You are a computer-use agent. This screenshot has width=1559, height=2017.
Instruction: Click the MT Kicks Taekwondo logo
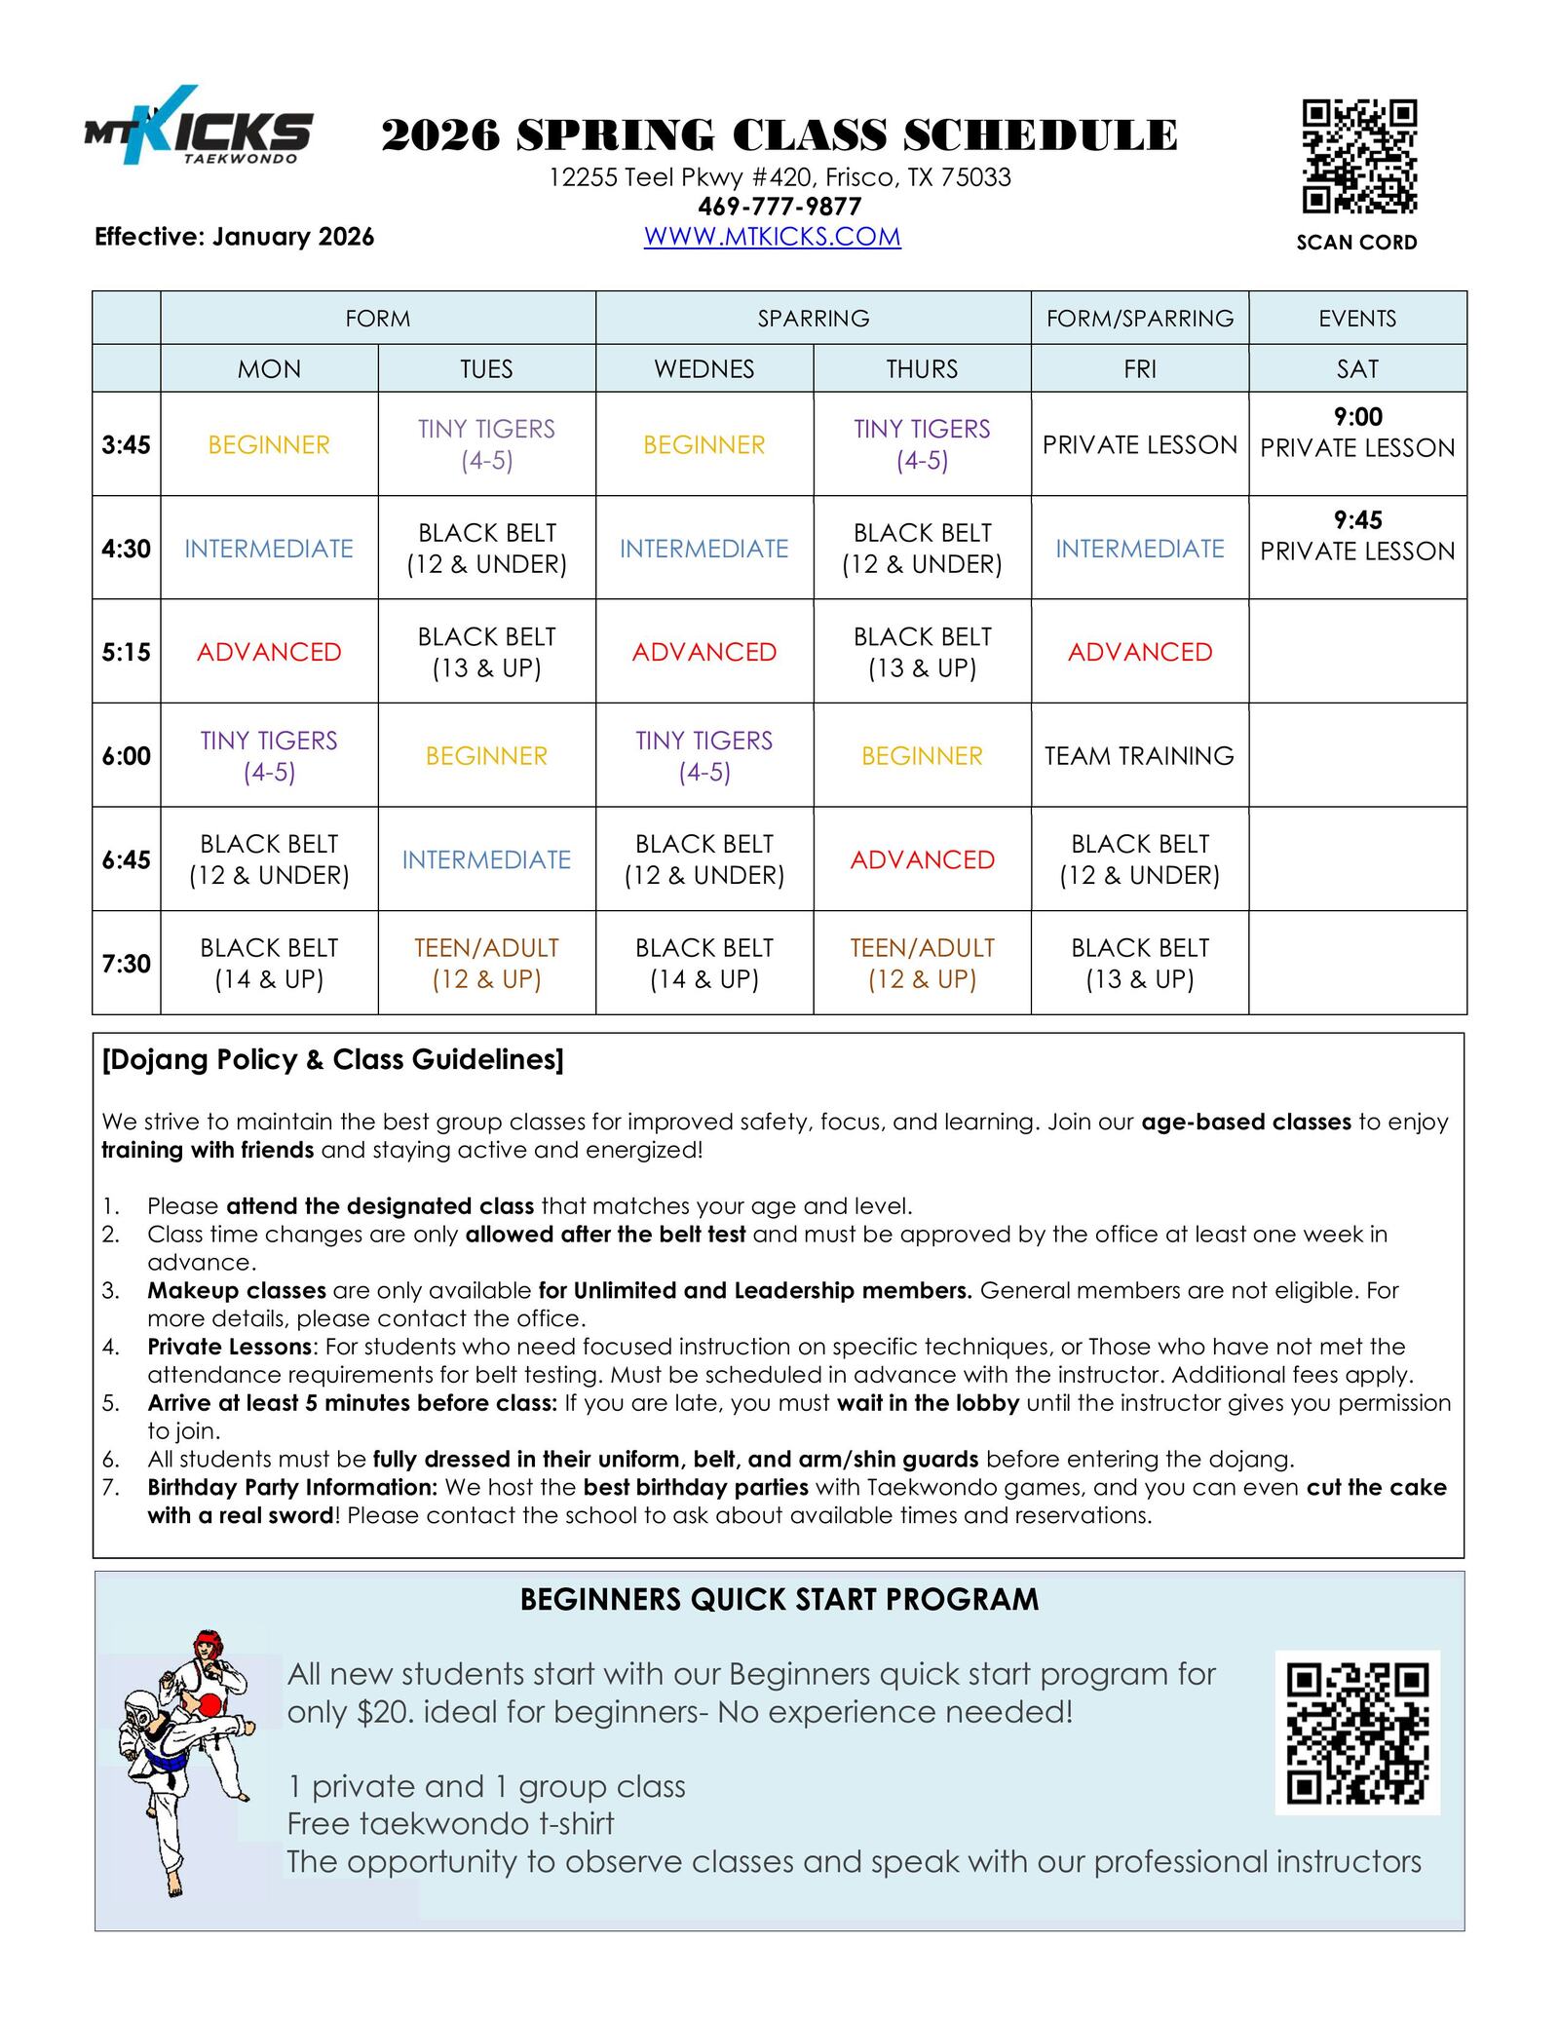click(199, 127)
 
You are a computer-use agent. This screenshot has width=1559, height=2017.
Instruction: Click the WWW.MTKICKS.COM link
click(772, 237)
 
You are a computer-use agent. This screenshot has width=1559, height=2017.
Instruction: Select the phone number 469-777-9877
click(779, 207)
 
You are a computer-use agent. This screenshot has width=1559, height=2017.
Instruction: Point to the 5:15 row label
click(127, 652)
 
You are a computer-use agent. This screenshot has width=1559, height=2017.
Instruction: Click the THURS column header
click(922, 368)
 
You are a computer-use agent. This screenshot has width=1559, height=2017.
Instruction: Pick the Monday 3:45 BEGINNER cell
click(269, 445)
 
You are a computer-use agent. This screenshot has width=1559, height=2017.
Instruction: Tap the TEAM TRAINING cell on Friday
click(1139, 756)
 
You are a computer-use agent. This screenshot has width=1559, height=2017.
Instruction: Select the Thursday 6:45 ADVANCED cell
click(922, 859)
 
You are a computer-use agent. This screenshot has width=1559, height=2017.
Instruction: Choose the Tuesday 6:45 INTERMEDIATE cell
click(486, 859)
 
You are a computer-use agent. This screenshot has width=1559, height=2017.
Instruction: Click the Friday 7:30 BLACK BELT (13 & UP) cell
click(1139, 963)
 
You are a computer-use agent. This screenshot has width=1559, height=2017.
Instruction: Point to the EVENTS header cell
click(1357, 319)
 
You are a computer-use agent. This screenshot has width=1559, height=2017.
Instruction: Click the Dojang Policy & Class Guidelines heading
click(332, 1060)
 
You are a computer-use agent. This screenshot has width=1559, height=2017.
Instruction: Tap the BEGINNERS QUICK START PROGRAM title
click(779, 1600)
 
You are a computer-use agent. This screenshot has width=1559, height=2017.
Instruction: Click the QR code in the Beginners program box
click(1357, 1733)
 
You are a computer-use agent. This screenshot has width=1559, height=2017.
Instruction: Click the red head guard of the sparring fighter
click(207, 1641)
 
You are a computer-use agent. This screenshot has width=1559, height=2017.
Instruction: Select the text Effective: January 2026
click(234, 237)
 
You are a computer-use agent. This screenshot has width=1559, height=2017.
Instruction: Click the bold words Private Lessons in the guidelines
click(232, 1347)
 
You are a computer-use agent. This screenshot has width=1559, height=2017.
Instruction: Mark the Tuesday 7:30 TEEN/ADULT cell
click(486, 963)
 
